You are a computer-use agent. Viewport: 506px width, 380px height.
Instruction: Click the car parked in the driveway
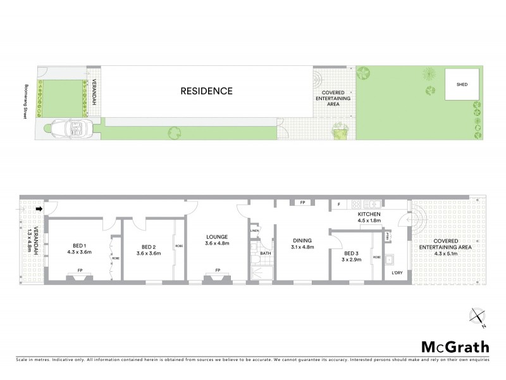pyautogui.click(x=71, y=129)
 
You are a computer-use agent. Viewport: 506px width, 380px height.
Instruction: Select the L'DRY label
pyautogui.click(x=397, y=273)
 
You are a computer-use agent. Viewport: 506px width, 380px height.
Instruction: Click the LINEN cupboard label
pyautogui.click(x=254, y=231)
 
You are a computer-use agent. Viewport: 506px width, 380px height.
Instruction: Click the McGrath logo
pyautogui.click(x=455, y=346)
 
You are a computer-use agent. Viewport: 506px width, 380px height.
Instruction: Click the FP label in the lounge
pyautogui.click(x=217, y=270)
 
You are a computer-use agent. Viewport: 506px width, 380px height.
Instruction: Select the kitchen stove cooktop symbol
pyautogui.click(x=357, y=204)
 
